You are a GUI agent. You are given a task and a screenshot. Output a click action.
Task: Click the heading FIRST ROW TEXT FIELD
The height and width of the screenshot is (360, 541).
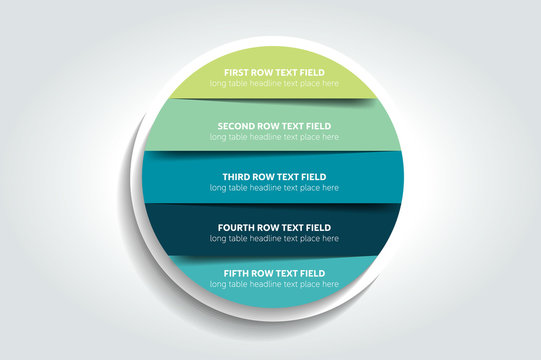[274, 72]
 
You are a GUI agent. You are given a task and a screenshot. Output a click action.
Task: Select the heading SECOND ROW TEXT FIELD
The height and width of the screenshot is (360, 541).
[274, 126]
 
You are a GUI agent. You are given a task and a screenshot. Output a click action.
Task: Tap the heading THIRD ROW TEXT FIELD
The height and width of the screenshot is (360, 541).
[274, 176]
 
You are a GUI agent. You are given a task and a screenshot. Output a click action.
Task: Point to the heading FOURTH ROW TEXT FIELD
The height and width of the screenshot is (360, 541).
[274, 228]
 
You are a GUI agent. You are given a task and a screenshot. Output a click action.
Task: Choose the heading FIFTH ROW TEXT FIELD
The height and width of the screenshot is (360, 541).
[274, 273]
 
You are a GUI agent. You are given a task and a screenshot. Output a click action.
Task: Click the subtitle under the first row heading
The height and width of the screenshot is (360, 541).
[274, 83]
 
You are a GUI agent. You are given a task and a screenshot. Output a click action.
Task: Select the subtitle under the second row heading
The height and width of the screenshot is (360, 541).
[274, 137]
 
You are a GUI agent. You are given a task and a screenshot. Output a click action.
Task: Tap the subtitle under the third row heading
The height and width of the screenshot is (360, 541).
[274, 187]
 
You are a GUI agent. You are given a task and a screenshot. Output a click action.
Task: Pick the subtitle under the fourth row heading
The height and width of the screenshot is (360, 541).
[274, 239]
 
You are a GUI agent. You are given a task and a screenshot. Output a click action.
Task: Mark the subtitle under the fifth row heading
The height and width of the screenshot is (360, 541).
[274, 284]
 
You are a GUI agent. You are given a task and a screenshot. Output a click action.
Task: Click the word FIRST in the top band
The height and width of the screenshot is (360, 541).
[236, 72]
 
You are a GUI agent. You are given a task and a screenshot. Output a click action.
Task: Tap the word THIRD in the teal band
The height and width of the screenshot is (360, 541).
[236, 176]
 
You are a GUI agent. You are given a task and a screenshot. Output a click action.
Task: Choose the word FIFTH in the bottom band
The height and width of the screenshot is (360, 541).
[235, 273]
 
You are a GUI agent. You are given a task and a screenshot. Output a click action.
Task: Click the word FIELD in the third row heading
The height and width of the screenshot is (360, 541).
[312, 176]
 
